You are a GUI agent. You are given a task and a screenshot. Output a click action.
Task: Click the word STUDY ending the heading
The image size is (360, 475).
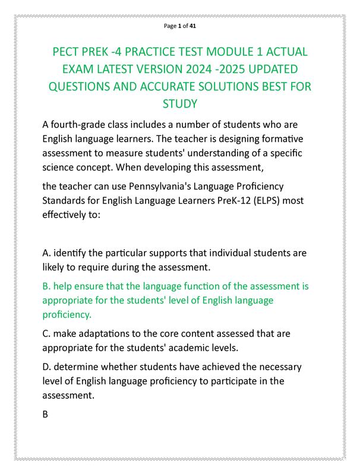(x=179, y=104)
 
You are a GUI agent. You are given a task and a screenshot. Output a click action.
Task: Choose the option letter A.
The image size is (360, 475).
(x=46, y=253)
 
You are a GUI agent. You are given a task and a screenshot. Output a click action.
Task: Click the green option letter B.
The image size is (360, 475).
(x=46, y=286)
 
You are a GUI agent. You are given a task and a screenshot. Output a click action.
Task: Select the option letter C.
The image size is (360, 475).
(x=46, y=334)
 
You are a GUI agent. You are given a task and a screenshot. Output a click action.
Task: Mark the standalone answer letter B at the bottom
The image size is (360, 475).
(x=46, y=414)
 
